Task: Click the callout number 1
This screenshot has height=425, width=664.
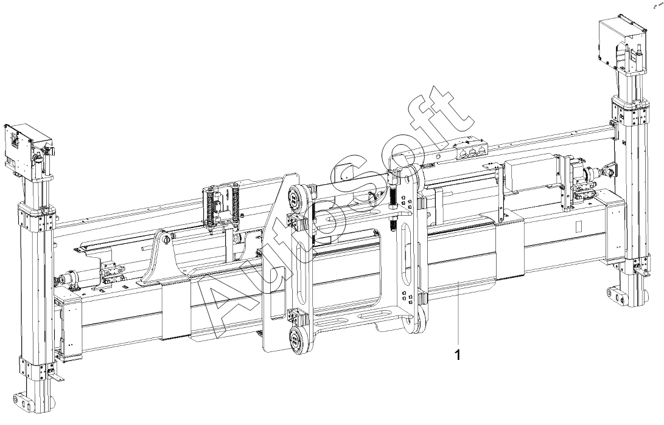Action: (x=457, y=355)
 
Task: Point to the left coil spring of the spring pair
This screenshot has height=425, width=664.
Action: (x=209, y=208)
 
